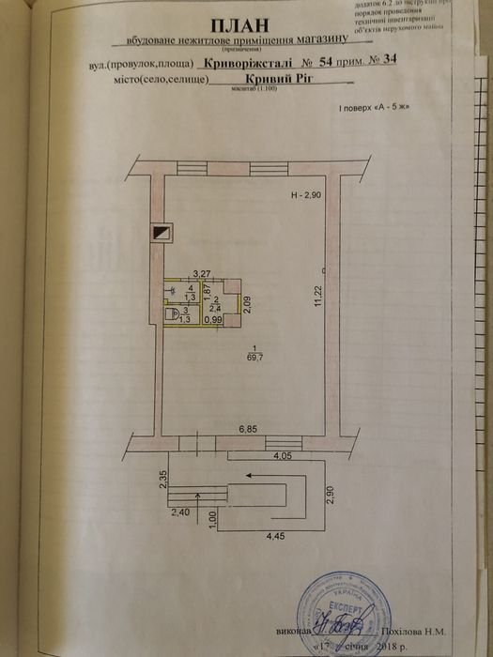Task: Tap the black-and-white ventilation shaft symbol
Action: [161, 233]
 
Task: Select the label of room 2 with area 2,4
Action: [214, 303]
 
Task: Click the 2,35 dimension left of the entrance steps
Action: [163, 479]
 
